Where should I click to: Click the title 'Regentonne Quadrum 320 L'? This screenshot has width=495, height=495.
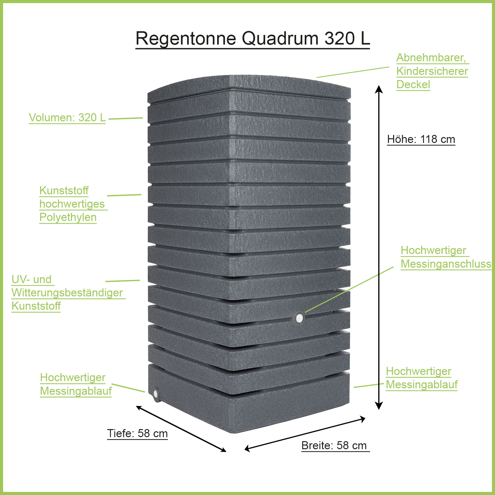coord(252,38)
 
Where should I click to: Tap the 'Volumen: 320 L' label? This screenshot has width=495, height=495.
coord(67,118)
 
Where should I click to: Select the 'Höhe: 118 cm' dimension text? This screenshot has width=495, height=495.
coord(421,139)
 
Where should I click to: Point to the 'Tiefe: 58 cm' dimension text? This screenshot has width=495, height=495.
coord(137,433)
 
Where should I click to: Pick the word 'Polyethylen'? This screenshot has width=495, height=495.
coord(68,217)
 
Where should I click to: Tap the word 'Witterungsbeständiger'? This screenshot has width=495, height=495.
coord(67,293)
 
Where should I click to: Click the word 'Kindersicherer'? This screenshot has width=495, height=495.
coord(432,71)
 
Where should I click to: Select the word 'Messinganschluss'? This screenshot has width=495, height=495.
coord(446,264)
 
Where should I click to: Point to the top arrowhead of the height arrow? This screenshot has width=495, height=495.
coord(379,89)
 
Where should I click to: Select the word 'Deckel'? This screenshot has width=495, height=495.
coord(413,84)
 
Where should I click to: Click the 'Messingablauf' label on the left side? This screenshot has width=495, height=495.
coord(76,391)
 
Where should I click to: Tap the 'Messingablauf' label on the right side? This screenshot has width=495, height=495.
coord(422,385)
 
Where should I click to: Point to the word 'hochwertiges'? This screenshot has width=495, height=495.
coord(72,204)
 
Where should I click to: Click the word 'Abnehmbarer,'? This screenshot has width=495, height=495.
coord(431,58)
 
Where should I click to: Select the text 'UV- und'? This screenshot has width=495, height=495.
coord(32,279)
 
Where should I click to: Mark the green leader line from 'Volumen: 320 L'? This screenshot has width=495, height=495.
coord(126,118)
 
